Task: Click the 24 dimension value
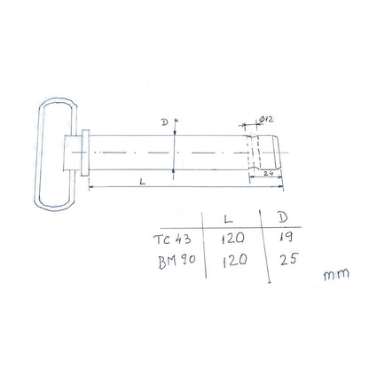pyautogui.click(x=267, y=176)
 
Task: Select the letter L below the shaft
pyautogui.click(x=144, y=180)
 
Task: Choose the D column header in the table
pyautogui.click(x=282, y=216)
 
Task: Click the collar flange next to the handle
pyautogui.click(x=84, y=153)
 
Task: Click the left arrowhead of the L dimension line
pyautogui.click(x=90, y=187)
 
